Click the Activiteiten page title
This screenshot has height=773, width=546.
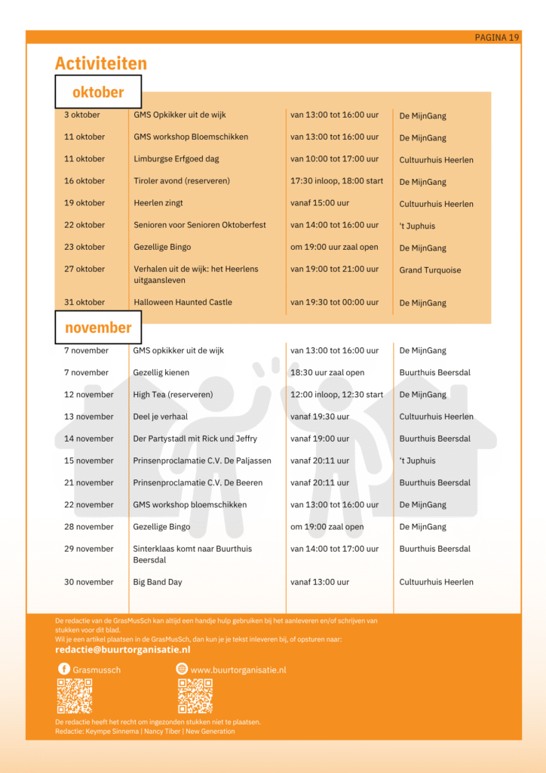coord(101,63)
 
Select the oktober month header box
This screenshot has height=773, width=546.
coord(98,92)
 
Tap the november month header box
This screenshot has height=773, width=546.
coord(98,328)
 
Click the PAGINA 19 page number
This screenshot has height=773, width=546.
coord(497,38)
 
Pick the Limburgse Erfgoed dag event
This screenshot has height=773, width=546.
coord(176,159)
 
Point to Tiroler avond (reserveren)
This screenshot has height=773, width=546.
coord(182,181)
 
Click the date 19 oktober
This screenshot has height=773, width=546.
coord(84,203)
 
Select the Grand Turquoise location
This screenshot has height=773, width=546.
coord(430,270)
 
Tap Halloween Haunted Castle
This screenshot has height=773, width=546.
coord(183,303)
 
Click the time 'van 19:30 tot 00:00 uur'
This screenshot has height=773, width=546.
coord(334,303)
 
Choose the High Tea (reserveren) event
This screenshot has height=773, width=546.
coord(173,395)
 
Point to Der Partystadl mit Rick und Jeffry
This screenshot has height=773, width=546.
coord(195,439)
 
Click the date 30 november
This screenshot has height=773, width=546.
coord(89,582)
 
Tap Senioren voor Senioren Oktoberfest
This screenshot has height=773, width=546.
coord(200,225)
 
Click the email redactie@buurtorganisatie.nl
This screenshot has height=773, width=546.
coord(123,650)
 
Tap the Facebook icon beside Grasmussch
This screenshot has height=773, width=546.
coord(64,669)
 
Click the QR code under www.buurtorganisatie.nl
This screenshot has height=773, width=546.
coord(195,696)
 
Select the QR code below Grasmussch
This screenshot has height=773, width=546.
coord(75,696)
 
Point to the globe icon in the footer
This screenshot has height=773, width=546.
coord(182,669)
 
